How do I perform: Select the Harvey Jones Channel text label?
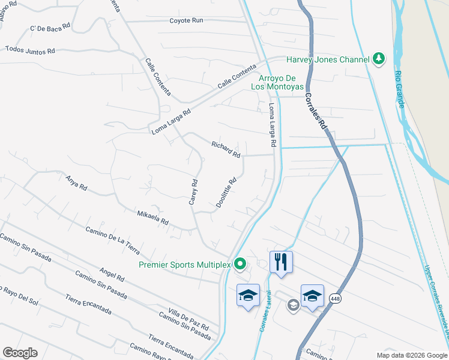click(x=327, y=59)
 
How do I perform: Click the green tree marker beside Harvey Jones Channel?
click(x=378, y=59)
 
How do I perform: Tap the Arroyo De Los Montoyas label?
click(x=282, y=82)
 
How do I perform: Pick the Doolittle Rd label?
click(x=226, y=192)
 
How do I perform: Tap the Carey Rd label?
click(x=193, y=192)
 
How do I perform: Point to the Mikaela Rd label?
click(x=152, y=217)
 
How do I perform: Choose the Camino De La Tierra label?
click(x=112, y=238)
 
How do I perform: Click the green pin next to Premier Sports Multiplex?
click(x=240, y=263)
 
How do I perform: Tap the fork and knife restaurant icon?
click(x=281, y=262)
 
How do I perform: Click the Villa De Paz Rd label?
click(x=188, y=319)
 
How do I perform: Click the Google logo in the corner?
click(x=20, y=353)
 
